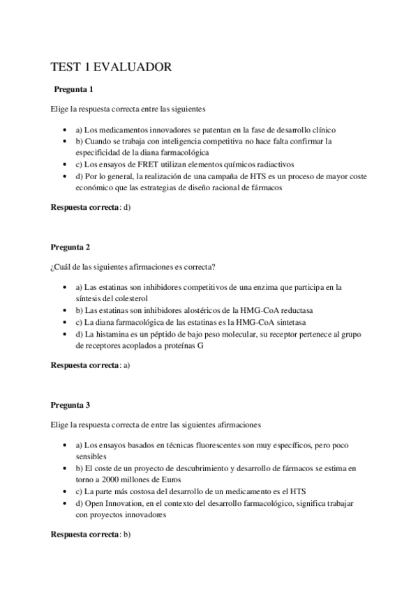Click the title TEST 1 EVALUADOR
tap(111, 67)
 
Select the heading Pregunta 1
tap(73, 90)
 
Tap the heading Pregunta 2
tap(70, 247)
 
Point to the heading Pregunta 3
tap(70, 405)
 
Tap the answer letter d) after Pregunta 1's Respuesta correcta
tap(127, 208)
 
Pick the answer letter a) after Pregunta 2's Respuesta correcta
tap(127, 365)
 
